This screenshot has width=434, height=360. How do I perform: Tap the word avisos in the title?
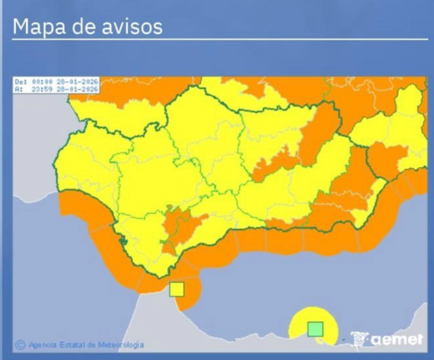(134, 26)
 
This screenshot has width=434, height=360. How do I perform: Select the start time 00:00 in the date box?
(41, 81)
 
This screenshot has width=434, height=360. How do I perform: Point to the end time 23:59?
(41, 88)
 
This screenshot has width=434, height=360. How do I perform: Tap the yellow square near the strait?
(177, 289)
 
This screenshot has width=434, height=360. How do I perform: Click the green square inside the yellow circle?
(315, 329)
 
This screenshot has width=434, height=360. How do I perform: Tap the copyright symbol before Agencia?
(21, 344)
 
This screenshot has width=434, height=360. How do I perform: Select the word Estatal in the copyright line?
(73, 344)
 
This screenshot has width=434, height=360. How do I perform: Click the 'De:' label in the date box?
(21, 81)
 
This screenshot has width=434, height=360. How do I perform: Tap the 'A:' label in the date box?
(19, 88)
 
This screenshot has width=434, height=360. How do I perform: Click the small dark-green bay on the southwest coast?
(123, 242)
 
